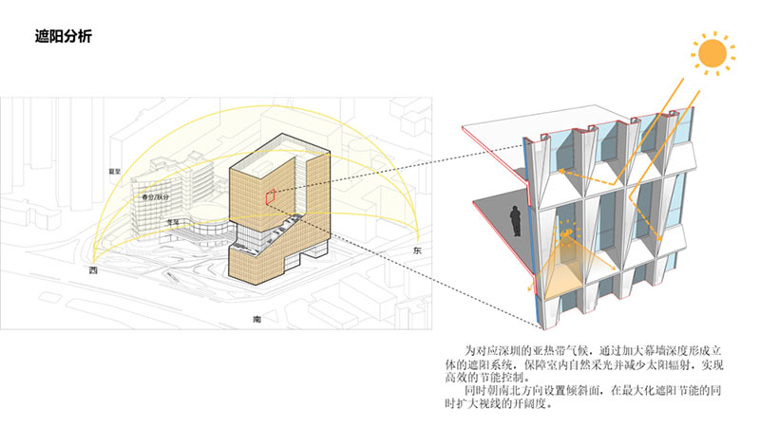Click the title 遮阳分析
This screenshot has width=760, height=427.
tap(59, 38)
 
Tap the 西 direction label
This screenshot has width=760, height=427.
tap(93, 271)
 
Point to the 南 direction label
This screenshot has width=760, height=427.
tap(256, 319)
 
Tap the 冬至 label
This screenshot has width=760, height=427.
tap(173, 220)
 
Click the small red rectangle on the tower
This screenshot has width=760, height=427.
tap(270, 196)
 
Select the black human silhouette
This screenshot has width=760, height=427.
tap(513, 221)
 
